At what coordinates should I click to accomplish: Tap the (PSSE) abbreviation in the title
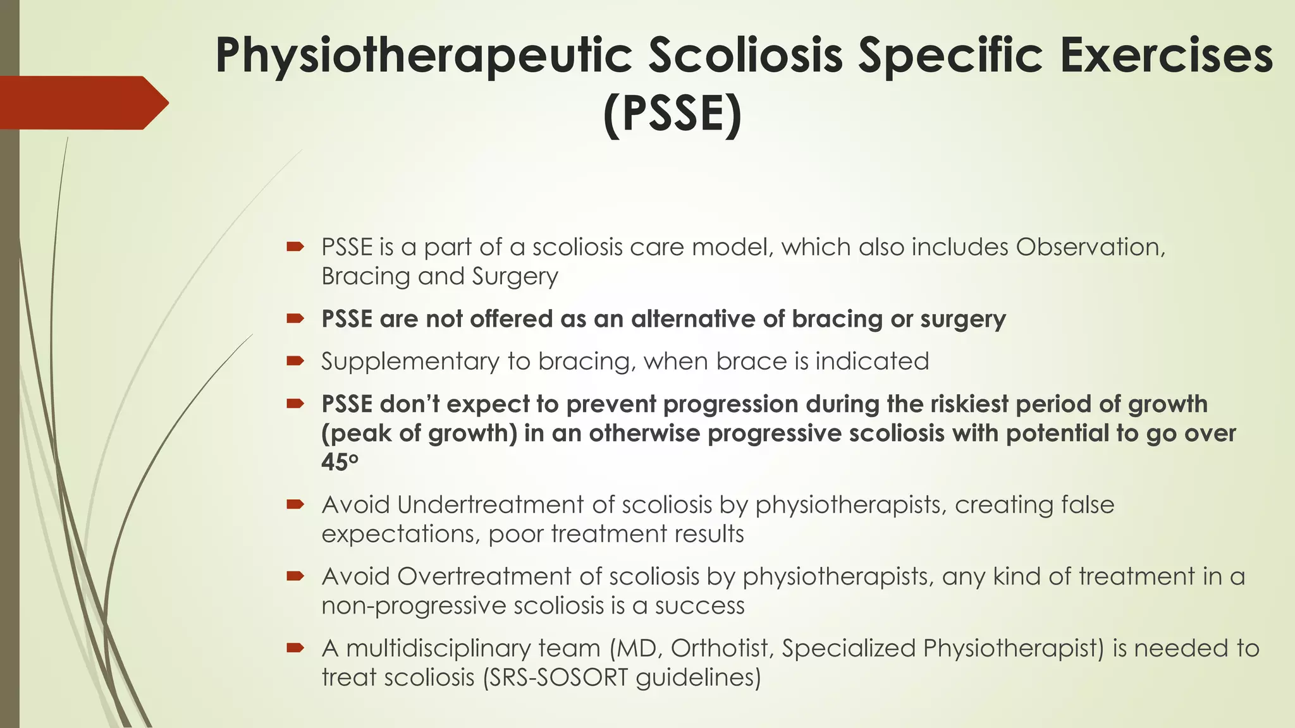click(672, 114)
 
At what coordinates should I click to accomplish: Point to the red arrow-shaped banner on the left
click(82, 103)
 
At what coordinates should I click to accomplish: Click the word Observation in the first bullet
click(1090, 247)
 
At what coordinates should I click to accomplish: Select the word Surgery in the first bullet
click(515, 277)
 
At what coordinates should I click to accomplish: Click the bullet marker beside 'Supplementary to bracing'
click(295, 361)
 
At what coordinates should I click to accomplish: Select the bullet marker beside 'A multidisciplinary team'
click(295, 647)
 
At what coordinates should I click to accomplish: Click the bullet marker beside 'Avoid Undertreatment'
click(295, 504)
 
